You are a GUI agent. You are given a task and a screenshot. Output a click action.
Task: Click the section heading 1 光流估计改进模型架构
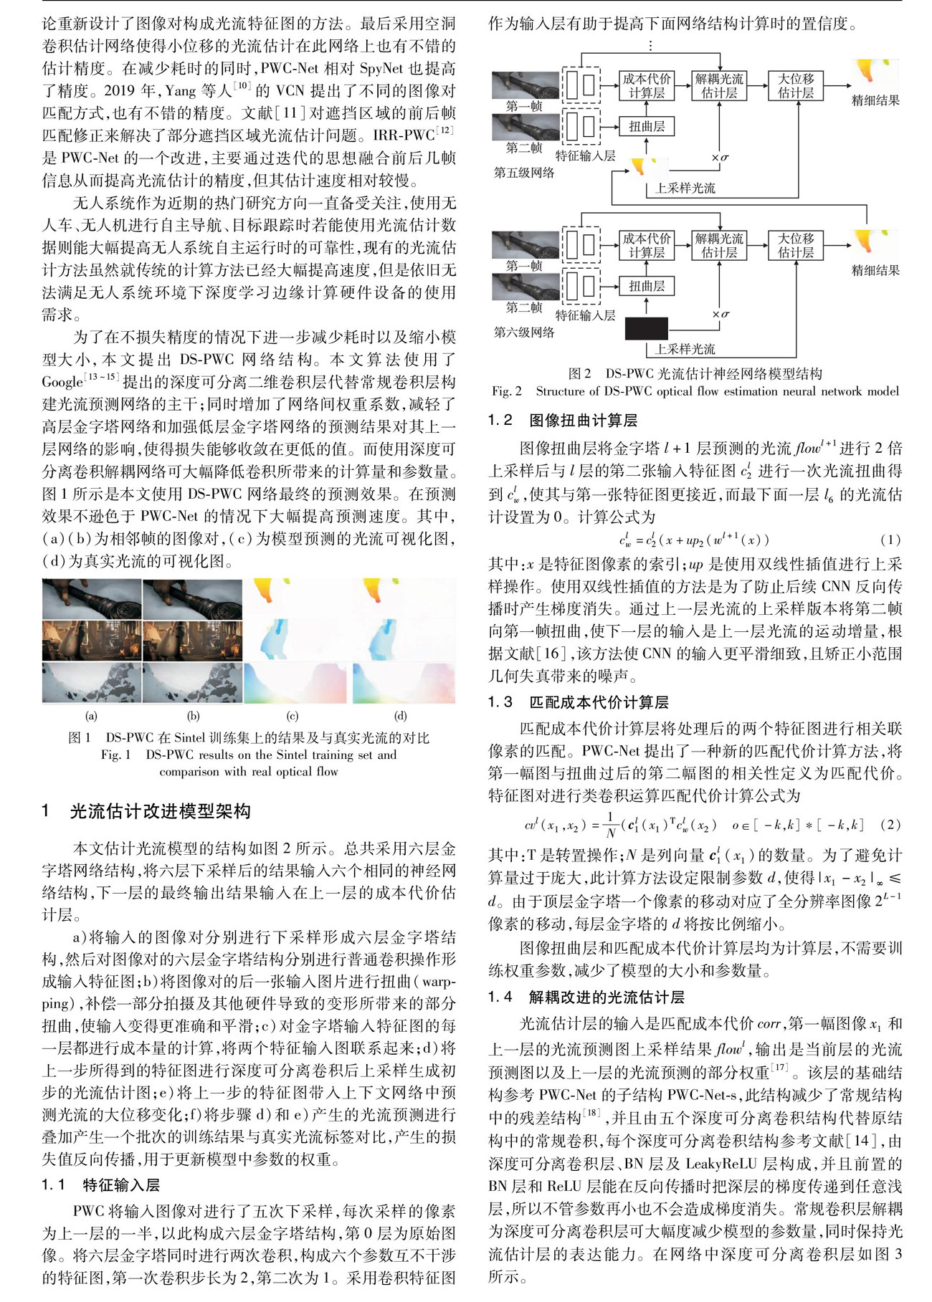tap(146, 811)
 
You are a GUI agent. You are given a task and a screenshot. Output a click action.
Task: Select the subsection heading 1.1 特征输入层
tap(100, 1184)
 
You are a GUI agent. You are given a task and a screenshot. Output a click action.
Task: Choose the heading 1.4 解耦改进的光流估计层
tap(586, 997)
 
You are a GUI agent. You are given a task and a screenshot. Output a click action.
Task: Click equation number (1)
tap(890, 540)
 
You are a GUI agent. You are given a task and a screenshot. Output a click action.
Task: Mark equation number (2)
tap(890, 824)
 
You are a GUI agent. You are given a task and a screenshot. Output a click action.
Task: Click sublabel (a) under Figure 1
tap(91, 715)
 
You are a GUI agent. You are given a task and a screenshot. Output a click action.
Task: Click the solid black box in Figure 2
tap(646, 328)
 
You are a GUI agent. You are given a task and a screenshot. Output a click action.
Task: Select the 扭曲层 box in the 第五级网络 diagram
tap(647, 127)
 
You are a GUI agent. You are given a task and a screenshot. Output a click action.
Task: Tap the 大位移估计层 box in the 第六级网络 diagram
tap(796, 245)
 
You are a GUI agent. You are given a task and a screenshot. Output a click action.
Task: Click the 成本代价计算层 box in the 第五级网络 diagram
tap(647, 85)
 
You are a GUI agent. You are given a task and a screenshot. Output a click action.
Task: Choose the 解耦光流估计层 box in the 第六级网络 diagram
tap(719, 245)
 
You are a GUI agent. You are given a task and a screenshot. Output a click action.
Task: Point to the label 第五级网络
tap(524, 173)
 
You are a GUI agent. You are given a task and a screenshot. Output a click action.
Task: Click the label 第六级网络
tap(524, 332)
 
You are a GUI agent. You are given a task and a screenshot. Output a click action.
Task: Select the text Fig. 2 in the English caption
tap(507, 391)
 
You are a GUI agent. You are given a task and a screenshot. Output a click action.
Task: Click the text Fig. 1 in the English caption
tap(115, 755)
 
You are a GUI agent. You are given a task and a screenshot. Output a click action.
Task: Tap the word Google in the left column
tap(62, 382)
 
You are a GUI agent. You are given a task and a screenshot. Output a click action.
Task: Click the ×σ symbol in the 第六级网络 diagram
tap(721, 314)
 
